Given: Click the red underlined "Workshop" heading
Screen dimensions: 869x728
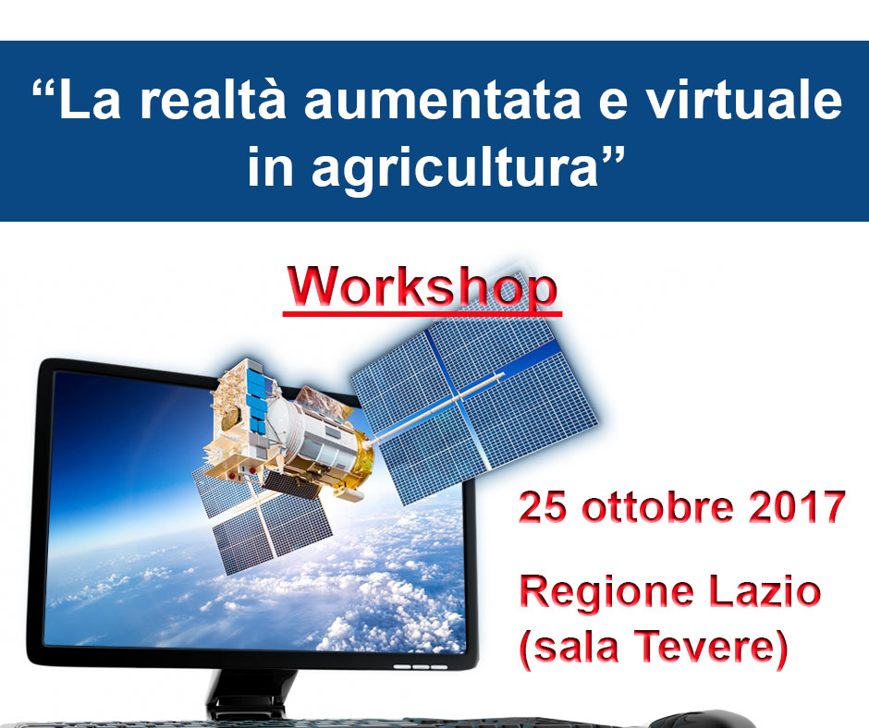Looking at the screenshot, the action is tap(422, 288).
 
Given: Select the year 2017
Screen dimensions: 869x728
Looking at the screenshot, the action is tap(797, 506).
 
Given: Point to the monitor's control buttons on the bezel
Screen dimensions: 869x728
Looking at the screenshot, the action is tap(421, 666).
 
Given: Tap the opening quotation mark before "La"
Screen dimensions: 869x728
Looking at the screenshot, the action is tap(43, 90).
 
